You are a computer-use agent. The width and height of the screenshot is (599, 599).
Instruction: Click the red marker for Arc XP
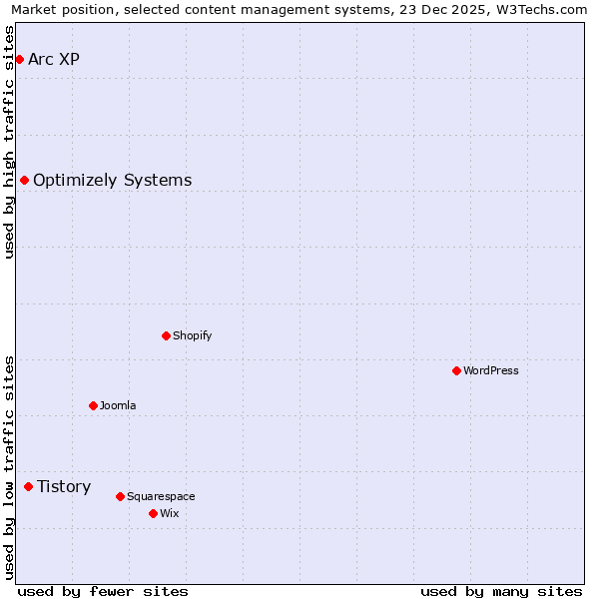[19, 59]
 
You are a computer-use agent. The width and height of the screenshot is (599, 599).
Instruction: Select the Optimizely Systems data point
[24, 180]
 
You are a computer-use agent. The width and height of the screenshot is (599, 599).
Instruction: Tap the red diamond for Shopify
[167, 335]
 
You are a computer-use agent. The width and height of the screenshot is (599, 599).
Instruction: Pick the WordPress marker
[456, 370]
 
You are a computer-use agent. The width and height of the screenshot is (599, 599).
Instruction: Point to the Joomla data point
[93, 405]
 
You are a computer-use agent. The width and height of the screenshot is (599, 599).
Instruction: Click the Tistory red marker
[28, 486]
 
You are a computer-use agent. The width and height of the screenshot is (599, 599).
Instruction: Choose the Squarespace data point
[120, 496]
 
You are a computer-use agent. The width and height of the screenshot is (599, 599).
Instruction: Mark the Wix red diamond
[153, 513]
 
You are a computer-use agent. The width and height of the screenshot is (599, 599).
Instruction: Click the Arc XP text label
[54, 59]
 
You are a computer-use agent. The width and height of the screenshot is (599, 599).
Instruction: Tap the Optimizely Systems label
[112, 180]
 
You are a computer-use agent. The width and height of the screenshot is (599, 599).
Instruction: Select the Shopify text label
[193, 335]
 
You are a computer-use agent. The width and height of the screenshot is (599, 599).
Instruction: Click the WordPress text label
[491, 370]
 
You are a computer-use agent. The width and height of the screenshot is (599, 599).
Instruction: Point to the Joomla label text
[118, 405]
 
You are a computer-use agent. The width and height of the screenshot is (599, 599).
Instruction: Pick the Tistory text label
[64, 486]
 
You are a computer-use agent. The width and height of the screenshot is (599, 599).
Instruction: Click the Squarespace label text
[161, 496]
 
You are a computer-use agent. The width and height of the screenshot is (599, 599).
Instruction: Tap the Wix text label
[170, 513]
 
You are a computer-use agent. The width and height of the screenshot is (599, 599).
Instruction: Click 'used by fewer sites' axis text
[103, 591]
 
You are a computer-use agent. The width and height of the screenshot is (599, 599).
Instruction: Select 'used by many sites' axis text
[501, 591]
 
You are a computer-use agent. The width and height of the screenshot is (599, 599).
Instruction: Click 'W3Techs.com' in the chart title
[543, 10]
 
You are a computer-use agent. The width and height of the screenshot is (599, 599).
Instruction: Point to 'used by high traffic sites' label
[10, 142]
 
